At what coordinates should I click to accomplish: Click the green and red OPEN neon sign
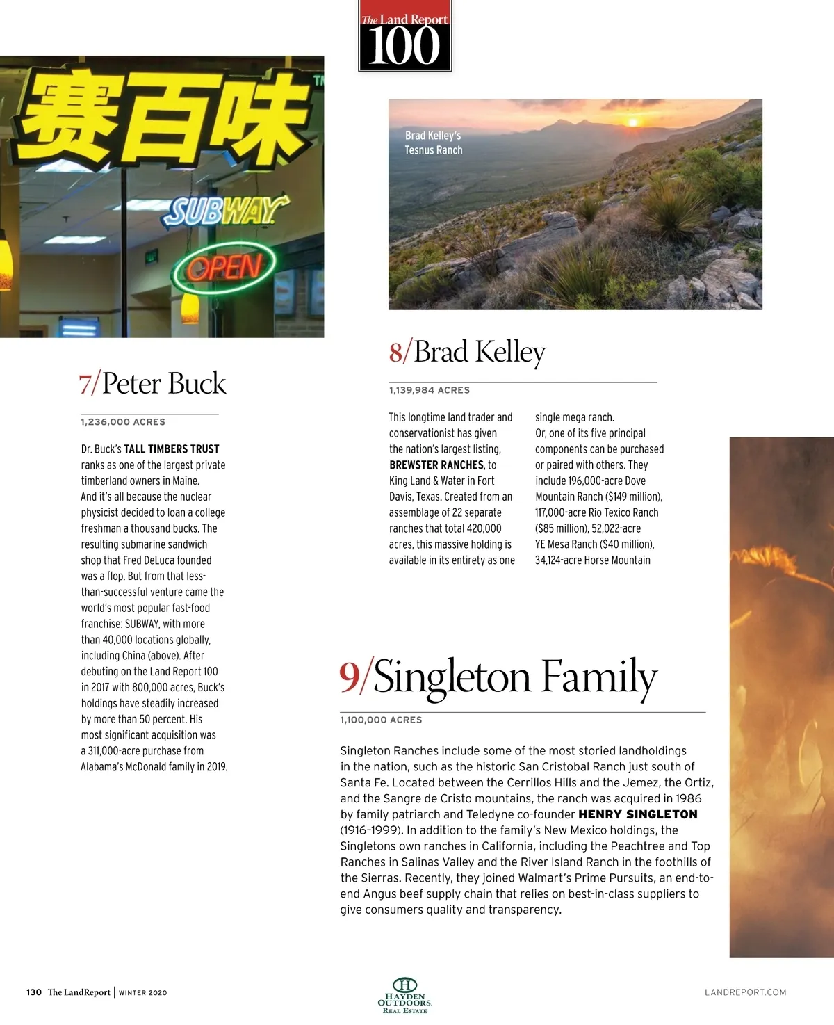pyautogui.click(x=224, y=268)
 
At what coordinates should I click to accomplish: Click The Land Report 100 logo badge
pyautogui.click(x=404, y=38)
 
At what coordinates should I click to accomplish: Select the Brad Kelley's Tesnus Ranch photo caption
pyautogui.click(x=434, y=143)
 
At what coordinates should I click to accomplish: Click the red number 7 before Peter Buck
pyautogui.click(x=86, y=384)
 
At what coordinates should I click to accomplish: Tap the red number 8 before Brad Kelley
pyautogui.click(x=395, y=352)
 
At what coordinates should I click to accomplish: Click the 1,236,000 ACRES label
pyautogui.click(x=123, y=422)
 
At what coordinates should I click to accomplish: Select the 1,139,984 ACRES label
pyautogui.click(x=430, y=390)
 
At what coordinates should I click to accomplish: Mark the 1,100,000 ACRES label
pyautogui.click(x=381, y=720)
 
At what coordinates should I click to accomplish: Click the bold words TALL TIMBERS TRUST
pyautogui.click(x=172, y=449)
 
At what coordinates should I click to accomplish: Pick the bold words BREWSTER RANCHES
pyautogui.click(x=436, y=465)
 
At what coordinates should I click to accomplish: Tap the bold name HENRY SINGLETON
pyautogui.click(x=638, y=814)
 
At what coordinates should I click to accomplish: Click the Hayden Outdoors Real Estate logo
pyautogui.click(x=405, y=995)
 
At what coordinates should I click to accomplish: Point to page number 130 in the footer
pyautogui.click(x=34, y=992)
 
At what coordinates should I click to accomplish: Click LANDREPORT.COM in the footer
pyautogui.click(x=745, y=992)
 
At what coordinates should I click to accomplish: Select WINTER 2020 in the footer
pyautogui.click(x=143, y=993)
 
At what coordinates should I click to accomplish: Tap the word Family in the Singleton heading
pyautogui.click(x=598, y=677)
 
